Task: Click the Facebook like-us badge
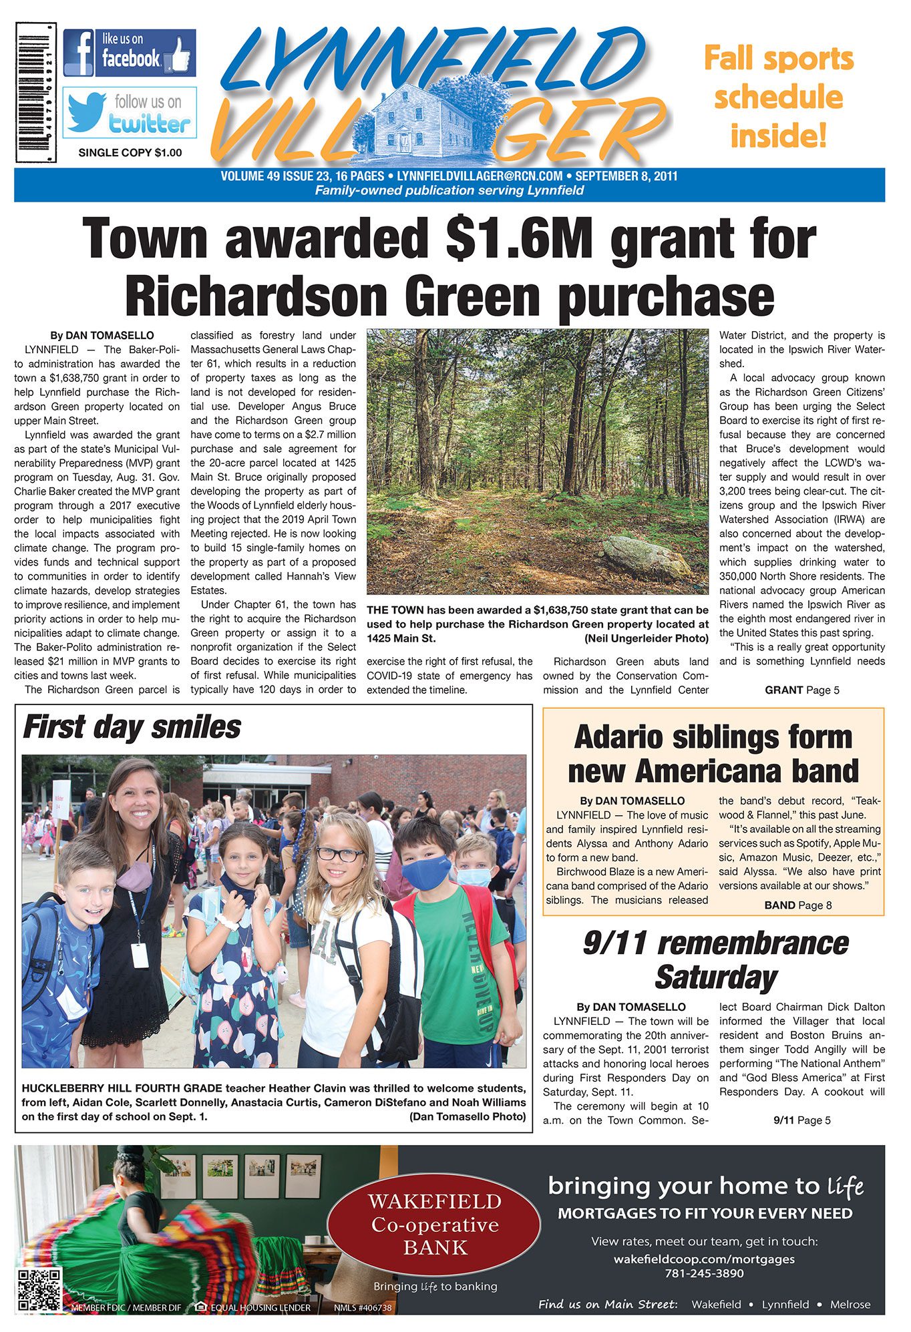click(130, 53)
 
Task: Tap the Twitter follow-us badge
click(130, 112)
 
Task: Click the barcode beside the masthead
click(36, 92)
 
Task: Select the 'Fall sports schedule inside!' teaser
click(779, 97)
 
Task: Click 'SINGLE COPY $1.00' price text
click(130, 153)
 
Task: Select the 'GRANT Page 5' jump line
click(801, 690)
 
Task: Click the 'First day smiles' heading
click(132, 727)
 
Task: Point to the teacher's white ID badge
click(140, 955)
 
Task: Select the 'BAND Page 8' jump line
click(797, 905)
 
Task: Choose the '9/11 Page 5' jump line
click(801, 1120)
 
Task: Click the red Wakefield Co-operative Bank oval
click(435, 1225)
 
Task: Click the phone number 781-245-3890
click(704, 1273)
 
